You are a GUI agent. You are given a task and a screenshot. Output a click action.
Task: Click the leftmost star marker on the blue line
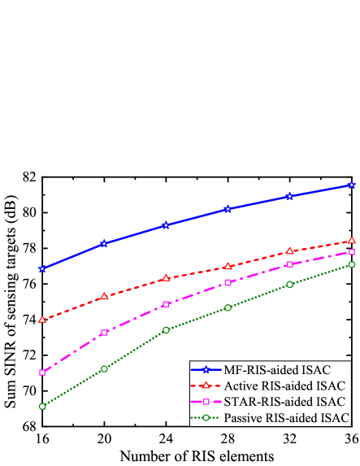(x=41, y=268)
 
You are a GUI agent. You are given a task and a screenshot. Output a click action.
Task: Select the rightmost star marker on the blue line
(x=352, y=185)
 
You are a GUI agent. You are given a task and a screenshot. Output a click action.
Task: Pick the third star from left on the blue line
(x=166, y=224)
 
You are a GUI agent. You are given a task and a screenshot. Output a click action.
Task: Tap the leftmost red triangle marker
(x=41, y=320)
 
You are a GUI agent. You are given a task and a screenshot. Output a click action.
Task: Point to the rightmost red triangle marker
(x=352, y=241)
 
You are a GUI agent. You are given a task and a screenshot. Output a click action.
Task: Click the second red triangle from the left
(x=104, y=297)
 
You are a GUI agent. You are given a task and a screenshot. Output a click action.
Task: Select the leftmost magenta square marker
(x=41, y=372)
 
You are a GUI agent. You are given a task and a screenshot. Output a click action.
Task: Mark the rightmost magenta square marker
(x=352, y=252)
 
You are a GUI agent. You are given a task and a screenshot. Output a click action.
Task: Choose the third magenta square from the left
(x=166, y=304)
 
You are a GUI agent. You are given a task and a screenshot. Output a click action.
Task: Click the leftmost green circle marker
(x=41, y=406)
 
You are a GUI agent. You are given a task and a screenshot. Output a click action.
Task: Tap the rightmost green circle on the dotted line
(x=352, y=264)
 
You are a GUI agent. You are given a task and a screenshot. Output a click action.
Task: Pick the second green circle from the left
(x=104, y=368)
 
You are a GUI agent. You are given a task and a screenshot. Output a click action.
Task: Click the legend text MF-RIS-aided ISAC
(x=277, y=370)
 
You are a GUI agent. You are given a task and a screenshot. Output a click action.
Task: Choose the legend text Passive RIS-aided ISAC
(x=287, y=417)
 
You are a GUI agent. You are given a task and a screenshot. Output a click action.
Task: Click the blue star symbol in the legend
(x=206, y=370)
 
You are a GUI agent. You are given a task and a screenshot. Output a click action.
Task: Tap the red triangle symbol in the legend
(x=206, y=385)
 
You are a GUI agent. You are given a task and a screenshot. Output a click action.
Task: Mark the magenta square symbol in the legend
(x=206, y=402)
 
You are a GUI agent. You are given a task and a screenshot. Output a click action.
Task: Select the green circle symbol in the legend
(x=206, y=417)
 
